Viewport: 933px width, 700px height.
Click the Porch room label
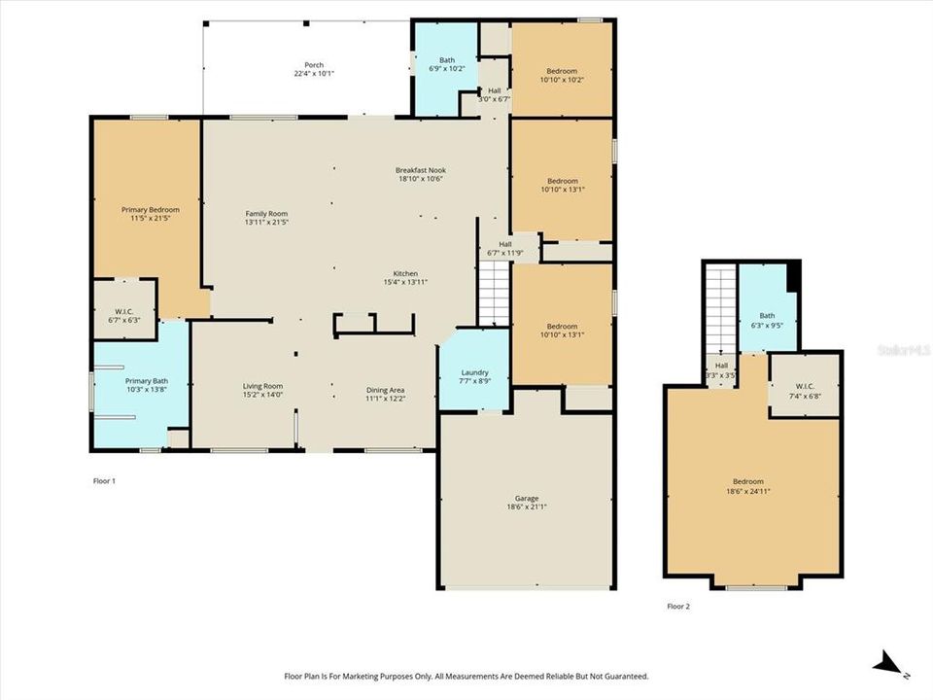click(314, 65)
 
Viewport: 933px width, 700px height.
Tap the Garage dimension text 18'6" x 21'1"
click(527, 507)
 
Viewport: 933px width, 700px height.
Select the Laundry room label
click(474, 372)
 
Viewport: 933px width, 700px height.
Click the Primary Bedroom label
click(150, 209)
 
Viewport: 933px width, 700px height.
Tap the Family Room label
click(266, 214)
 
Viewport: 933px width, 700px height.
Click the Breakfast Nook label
click(420, 170)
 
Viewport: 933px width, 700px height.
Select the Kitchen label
click(405, 273)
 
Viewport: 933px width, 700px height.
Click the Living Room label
click(262, 387)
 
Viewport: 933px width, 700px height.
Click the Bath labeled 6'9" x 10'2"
click(446, 60)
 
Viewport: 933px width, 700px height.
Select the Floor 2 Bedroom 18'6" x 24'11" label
click(747, 481)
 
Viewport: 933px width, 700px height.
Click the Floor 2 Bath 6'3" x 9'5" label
click(767, 316)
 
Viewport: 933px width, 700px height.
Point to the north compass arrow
click(888, 664)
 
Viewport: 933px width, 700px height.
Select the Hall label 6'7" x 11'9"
click(505, 245)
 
